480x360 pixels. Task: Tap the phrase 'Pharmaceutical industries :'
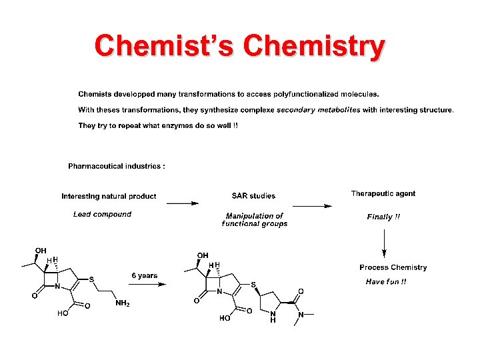[117, 166]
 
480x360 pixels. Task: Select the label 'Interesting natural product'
[109, 196]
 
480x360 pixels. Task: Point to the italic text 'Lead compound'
[102, 214]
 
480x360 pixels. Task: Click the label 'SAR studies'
[253, 196]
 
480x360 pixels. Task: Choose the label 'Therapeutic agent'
[383, 194]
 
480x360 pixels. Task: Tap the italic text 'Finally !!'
[383, 217]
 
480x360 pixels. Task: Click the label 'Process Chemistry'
[393, 267]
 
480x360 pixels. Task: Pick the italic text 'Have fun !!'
[386, 282]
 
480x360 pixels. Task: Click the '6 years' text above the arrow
[145, 275]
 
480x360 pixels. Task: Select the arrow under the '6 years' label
[146, 284]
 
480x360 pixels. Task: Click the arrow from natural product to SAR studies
[182, 203]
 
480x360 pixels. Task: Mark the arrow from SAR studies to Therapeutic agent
[311, 207]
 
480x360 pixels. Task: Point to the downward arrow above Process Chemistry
[384, 243]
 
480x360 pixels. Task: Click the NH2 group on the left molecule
[123, 303]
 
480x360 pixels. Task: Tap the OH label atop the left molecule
[41, 251]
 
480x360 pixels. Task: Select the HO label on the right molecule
[225, 318]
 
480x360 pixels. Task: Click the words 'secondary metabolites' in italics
[319, 110]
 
